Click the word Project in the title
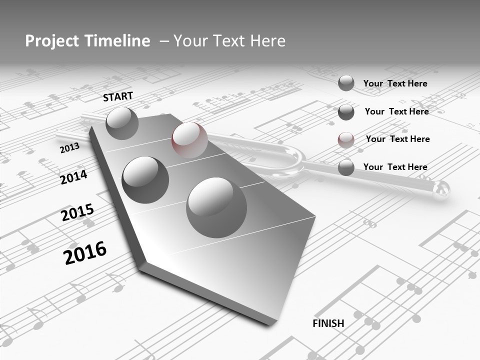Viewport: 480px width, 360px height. [51, 41]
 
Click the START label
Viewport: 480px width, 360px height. [118, 96]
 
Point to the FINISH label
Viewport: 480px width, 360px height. [328, 323]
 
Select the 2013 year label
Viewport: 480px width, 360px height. [69, 148]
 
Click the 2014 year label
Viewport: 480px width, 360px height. [73, 177]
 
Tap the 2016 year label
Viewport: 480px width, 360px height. [85, 252]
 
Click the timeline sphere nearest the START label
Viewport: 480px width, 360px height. [122, 123]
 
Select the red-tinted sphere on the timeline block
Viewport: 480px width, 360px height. [189, 140]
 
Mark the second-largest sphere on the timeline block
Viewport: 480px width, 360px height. [145, 179]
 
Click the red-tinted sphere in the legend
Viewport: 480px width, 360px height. [346, 140]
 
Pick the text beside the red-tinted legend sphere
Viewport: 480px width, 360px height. [397, 139]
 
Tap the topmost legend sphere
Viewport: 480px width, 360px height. [346, 83]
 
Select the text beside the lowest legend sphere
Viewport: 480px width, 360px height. [395, 167]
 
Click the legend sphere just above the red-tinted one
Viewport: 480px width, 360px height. [346, 112]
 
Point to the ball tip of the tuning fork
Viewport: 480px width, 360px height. [441, 189]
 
